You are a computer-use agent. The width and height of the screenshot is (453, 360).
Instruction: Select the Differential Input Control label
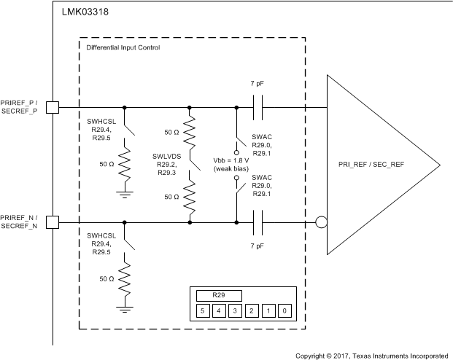[123, 47]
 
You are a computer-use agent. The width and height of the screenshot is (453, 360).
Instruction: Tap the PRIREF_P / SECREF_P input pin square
[53, 107]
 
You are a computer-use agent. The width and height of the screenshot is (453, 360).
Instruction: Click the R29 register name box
[218, 295]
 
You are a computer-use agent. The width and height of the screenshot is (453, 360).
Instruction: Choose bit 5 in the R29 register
[201, 311]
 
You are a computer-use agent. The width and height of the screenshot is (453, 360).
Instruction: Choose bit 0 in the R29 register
[284, 311]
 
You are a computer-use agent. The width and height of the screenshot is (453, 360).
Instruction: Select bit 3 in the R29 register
[234, 311]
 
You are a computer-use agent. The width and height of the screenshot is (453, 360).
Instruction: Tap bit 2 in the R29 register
[251, 311]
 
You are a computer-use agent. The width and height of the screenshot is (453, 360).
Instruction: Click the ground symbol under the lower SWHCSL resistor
[125, 310]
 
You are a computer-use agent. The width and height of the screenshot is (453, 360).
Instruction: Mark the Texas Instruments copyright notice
[371, 356]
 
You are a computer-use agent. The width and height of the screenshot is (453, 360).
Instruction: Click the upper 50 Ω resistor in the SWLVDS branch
[190, 134]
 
